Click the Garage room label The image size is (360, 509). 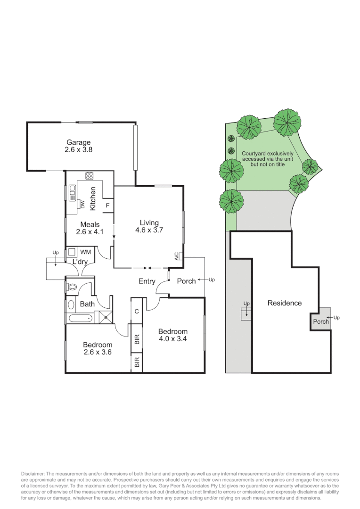[x=78, y=142]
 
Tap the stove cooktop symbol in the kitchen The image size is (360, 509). [x=89, y=176]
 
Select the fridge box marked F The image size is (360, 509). [x=107, y=206]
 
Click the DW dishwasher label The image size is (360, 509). [x=82, y=205]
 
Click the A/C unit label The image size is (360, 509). [x=177, y=257]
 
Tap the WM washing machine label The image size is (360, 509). [x=86, y=252]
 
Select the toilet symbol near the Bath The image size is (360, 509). [x=73, y=286]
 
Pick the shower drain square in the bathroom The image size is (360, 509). [x=106, y=317]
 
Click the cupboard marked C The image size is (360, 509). [x=136, y=311]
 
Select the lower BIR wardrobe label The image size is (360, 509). [x=137, y=362]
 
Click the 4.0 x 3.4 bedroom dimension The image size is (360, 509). [x=172, y=338]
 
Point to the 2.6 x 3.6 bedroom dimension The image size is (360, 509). [x=98, y=352]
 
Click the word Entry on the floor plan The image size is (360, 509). [x=147, y=281]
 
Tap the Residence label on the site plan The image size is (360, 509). [x=284, y=303]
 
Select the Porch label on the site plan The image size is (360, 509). [x=321, y=321]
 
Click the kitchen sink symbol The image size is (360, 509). [x=73, y=190]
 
